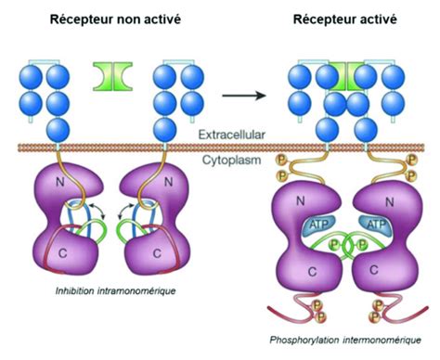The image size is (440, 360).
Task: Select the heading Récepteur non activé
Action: [x=110, y=19]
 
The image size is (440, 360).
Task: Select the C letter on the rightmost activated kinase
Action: [x=380, y=272]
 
